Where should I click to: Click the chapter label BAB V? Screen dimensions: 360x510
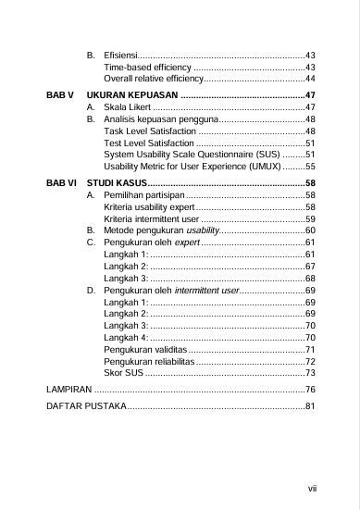click(59, 95)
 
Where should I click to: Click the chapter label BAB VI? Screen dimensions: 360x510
click(61, 184)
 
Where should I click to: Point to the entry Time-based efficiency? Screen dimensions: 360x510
click(147, 68)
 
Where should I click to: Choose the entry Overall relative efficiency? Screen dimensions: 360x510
click(154, 81)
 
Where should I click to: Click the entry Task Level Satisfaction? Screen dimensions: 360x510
click(150, 132)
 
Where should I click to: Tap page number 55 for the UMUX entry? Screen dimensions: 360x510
click(311, 167)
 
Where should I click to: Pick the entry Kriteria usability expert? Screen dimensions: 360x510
click(148, 208)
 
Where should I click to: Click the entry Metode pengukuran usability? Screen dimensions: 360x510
click(162, 230)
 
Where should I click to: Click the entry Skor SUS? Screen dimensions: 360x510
click(124, 373)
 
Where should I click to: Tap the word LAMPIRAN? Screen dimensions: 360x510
click(68, 390)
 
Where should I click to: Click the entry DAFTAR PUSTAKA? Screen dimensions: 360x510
click(85, 406)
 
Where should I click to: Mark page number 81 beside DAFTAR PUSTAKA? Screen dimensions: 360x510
click(311, 406)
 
